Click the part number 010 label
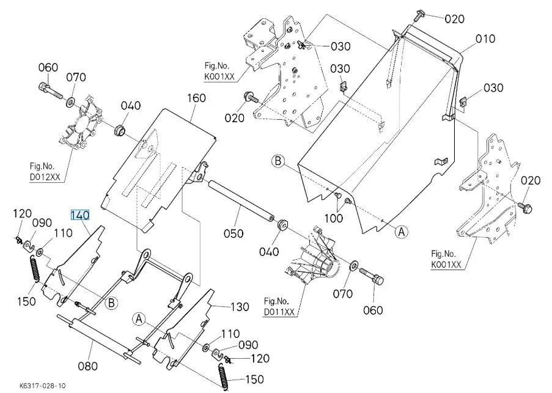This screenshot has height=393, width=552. click(x=485, y=39)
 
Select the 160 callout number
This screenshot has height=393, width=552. click(x=196, y=98)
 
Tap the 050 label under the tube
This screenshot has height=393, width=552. click(x=233, y=233)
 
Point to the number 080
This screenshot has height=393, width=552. click(x=88, y=366)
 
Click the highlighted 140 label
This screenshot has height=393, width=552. click(x=80, y=215)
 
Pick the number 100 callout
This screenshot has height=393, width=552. click(x=333, y=218)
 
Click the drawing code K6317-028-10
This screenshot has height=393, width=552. click(x=43, y=386)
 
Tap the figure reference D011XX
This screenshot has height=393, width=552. click(x=280, y=312)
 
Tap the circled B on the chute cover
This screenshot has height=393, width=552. click(x=278, y=161)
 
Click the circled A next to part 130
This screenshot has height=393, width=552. click(x=139, y=318)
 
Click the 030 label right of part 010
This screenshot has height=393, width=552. click(x=493, y=88)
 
